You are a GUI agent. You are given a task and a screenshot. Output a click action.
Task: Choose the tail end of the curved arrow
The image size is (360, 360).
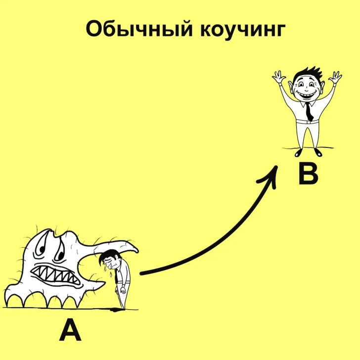[x=142, y=272]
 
